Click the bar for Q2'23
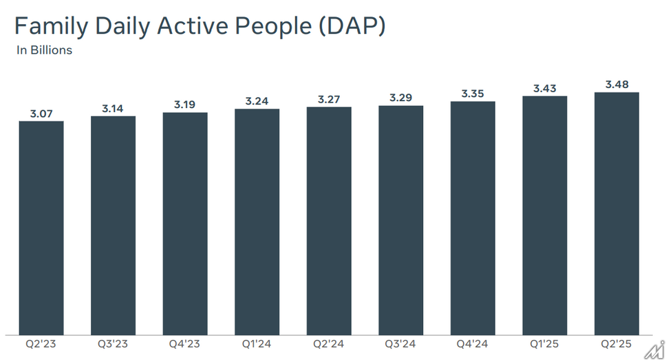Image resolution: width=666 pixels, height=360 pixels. tap(41, 229)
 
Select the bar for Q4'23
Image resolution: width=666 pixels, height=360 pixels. tap(185, 224)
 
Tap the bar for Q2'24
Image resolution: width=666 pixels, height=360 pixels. tap(329, 221)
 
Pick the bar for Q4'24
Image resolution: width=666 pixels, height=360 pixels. tap(473, 218)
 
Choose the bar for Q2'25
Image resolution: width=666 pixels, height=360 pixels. tap(616, 214)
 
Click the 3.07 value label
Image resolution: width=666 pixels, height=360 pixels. tap(41, 114)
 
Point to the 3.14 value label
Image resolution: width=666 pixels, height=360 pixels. tap(113, 109)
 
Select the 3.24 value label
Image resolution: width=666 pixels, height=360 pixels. tap(257, 101)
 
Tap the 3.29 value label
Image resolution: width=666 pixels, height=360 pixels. tap(401, 98)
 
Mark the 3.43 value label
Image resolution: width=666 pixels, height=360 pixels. tap(545, 88)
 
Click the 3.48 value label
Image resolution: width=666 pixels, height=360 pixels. tap(616, 85)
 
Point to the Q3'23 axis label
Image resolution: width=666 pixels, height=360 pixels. tap(113, 344)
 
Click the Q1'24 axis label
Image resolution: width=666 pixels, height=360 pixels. tap(257, 344)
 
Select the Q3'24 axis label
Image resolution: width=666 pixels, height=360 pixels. tap(400, 344)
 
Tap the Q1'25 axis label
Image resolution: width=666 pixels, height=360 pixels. tap(544, 344)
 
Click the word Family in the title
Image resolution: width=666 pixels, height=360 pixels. tap(51, 26)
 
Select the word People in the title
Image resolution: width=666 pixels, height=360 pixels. tap(273, 26)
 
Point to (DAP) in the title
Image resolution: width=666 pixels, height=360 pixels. tap(352, 26)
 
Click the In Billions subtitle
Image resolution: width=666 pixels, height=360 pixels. tap(45, 50)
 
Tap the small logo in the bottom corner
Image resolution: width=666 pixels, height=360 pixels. tap(655, 350)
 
